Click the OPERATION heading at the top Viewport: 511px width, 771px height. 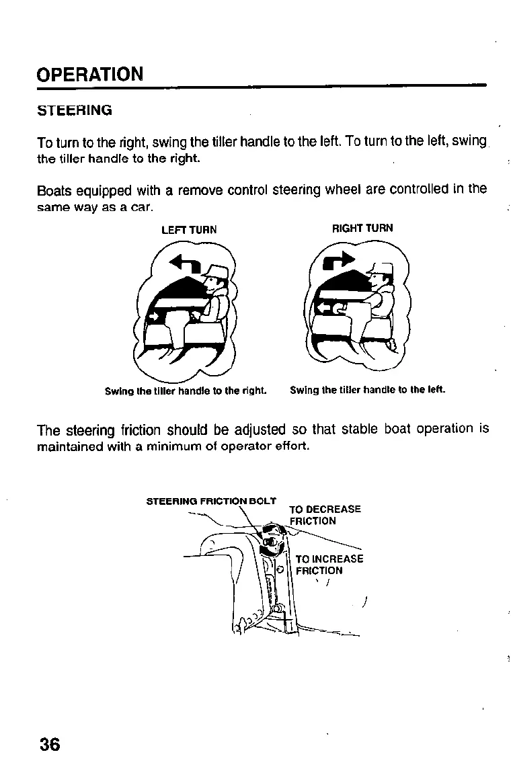(89, 73)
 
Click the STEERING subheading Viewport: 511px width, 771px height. (74, 110)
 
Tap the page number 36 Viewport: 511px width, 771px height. (49, 744)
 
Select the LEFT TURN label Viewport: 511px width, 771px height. (189, 230)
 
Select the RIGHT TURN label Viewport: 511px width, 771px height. (362, 229)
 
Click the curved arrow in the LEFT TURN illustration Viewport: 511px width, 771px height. (184, 263)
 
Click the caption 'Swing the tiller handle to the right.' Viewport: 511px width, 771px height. (186, 391)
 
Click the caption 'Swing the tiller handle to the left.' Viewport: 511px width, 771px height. (367, 390)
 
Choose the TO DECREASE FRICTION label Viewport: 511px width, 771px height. (324, 515)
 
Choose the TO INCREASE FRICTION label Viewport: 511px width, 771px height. (328, 565)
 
